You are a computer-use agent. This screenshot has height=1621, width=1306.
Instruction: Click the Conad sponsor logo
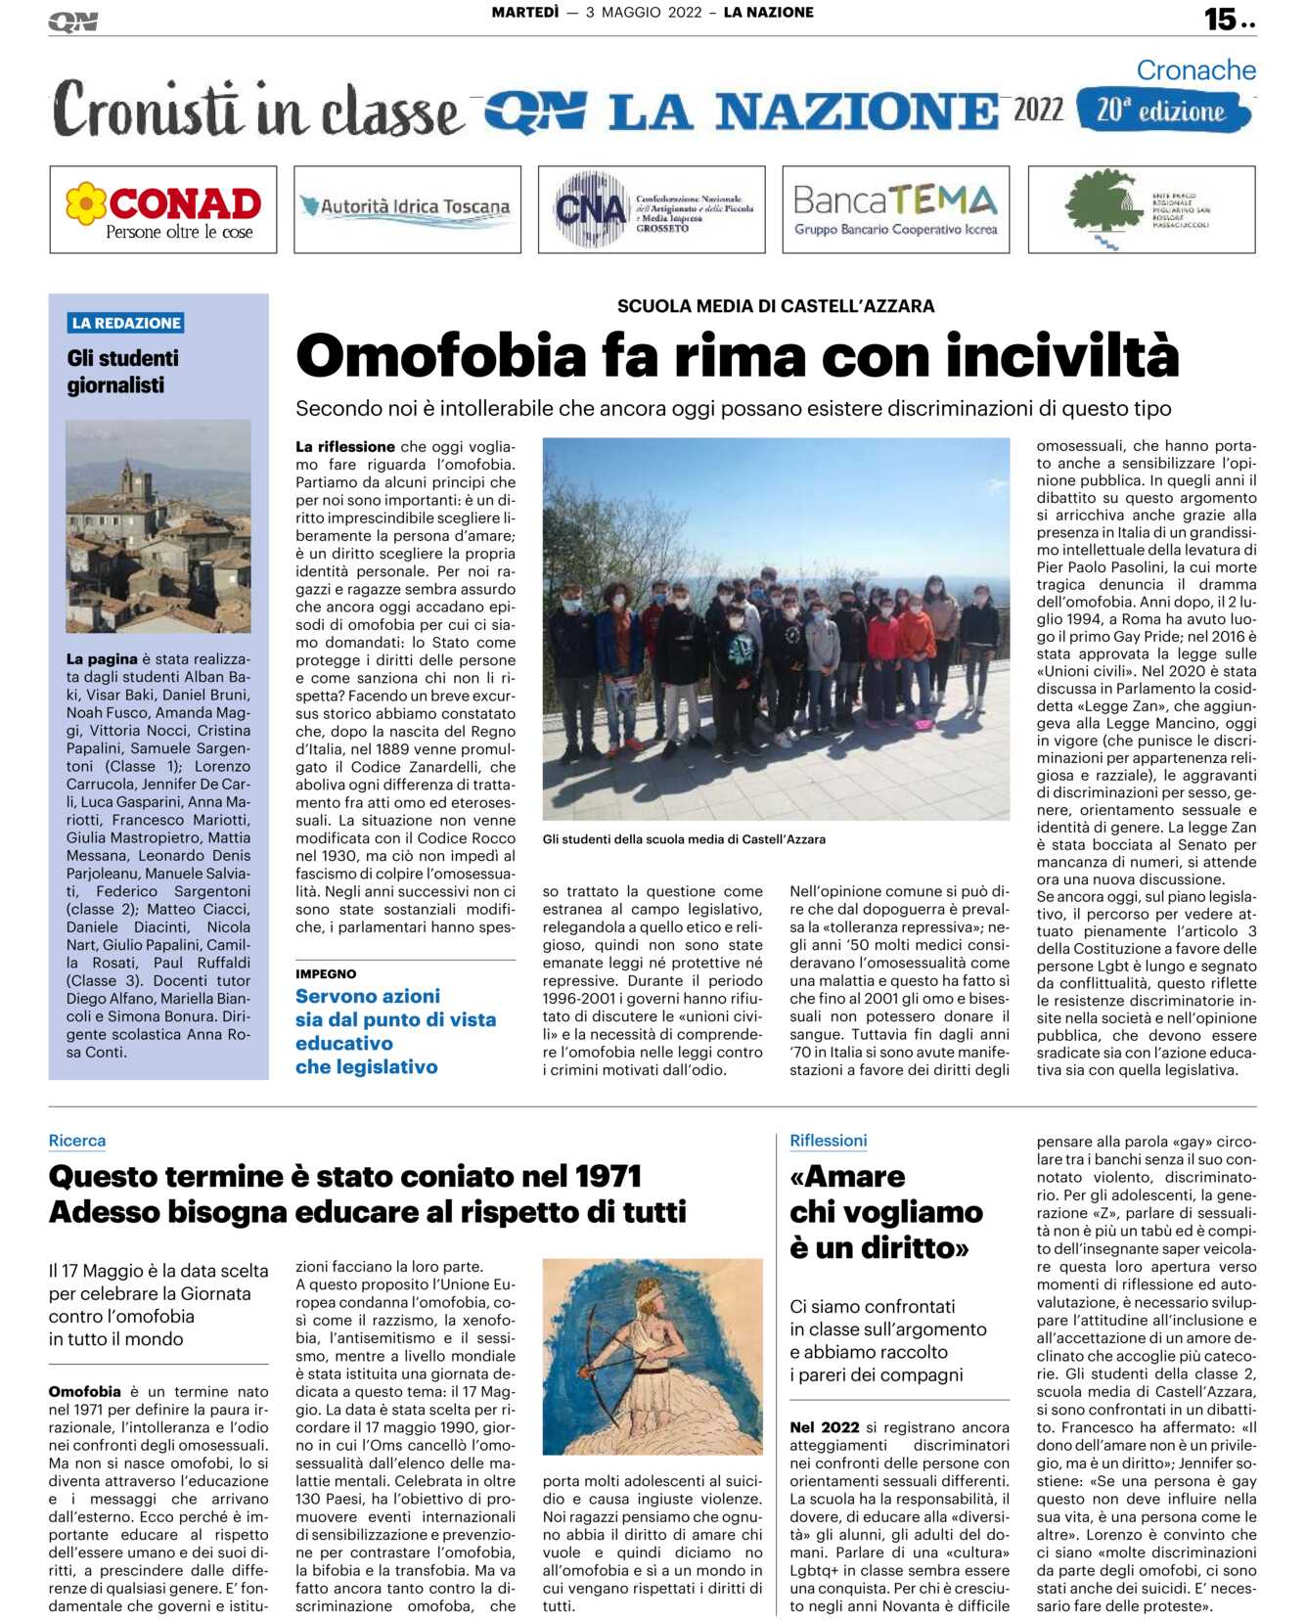pyautogui.click(x=163, y=209)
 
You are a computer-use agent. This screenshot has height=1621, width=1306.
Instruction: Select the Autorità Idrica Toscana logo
pyautogui.click(x=407, y=208)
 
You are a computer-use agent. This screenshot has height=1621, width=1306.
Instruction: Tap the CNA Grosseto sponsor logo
pyautogui.click(x=652, y=209)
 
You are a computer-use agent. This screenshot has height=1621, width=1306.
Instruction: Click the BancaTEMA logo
pyautogui.click(x=895, y=209)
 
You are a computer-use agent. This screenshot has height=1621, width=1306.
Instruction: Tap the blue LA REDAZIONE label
pyautogui.click(x=126, y=323)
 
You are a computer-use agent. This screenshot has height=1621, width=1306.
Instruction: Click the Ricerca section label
pyautogui.click(x=77, y=1141)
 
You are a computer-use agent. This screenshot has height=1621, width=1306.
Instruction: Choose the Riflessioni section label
pyautogui.click(x=828, y=1141)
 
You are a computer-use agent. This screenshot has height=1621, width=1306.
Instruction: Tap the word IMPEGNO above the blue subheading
pyautogui.click(x=326, y=974)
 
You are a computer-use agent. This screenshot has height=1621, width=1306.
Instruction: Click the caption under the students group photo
pyautogui.click(x=684, y=839)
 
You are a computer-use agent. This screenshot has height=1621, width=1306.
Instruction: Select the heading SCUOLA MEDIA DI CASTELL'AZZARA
pyautogui.click(x=775, y=306)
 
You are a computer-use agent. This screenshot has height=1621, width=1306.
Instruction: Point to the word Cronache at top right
pyautogui.click(x=1195, y=70)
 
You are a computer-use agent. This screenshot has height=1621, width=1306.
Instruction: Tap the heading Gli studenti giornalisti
pyautogui.click(x=123, y=372)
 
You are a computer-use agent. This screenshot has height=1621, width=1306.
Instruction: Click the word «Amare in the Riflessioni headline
pyautogui.click(x=847, y=1176)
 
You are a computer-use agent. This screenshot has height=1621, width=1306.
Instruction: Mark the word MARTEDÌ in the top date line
pyautogui.click(x=525, y=13)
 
